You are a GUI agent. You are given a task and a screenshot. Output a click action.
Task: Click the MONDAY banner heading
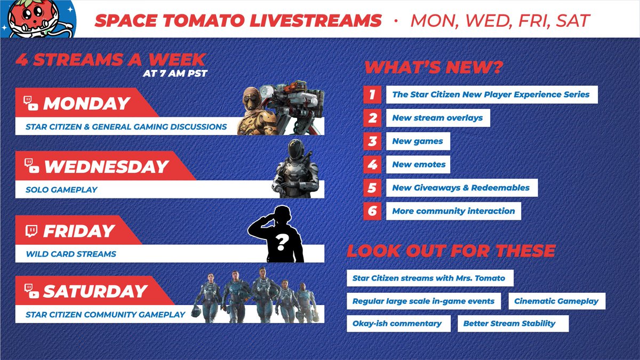(86, 103)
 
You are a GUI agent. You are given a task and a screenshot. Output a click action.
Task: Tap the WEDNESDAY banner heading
(106, 166)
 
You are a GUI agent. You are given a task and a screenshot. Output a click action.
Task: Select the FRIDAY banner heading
(78, 231)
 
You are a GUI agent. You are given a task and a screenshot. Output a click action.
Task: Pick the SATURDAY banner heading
(95, 291)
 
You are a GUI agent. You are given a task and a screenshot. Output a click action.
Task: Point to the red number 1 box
(372, 95)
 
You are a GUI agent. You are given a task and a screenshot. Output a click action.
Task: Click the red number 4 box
(372, 164)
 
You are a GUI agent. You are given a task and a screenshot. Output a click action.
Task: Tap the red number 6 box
(372, 211)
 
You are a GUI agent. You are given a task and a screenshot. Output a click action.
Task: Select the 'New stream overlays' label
(437, 118)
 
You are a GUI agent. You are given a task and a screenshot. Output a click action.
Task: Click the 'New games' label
(418, 141)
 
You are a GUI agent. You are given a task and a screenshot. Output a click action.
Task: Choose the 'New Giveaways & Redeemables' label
(461, 188)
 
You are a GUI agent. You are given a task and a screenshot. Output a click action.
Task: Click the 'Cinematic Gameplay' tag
(556, 301)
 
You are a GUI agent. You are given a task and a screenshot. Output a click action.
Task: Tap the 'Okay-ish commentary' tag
(397, 323)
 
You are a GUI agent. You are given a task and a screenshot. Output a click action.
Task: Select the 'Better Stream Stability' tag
(509, 323)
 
